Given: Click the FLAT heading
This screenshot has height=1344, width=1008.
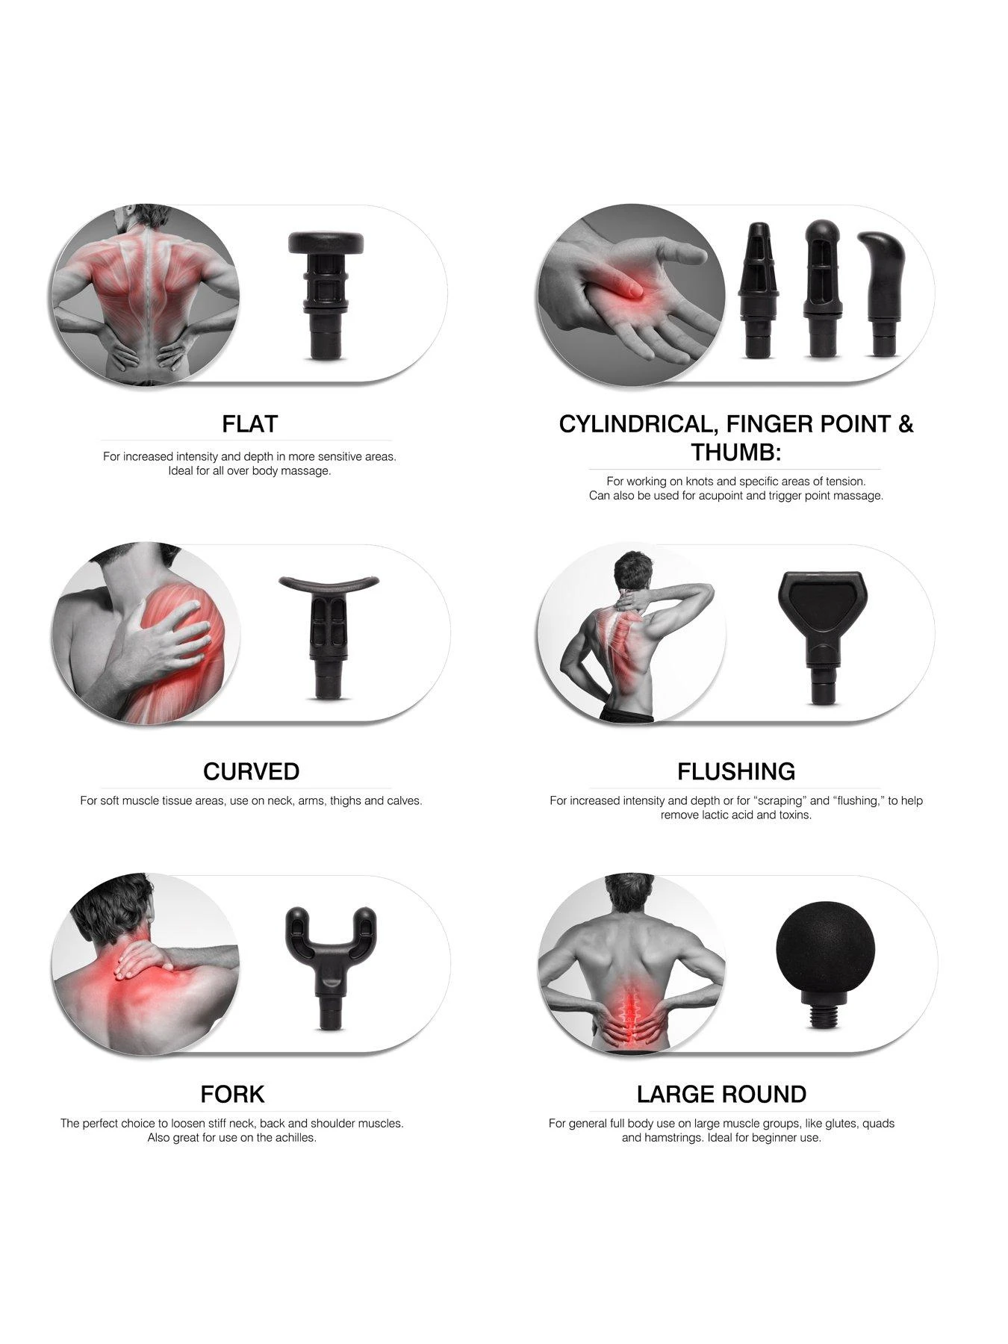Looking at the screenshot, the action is pyautogui.click(x=249, y=424).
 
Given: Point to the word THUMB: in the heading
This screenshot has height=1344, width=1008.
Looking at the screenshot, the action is pyautogui.click(x=735, y=452).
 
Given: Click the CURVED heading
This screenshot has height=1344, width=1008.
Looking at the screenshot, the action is pyautogui.click(x=251, y=771).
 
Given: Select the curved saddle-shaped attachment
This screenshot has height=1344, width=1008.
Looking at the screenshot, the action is pyautogui.click(x=326, y=636).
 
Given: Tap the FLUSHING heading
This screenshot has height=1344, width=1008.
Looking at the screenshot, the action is pyautogui.click(x=736, y=771).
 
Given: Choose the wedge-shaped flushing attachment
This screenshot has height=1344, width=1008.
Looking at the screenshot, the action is pyautogui.click(x=821, y=638).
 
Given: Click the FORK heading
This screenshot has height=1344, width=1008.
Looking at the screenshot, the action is pyautogui.click(x=232, y=1095).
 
